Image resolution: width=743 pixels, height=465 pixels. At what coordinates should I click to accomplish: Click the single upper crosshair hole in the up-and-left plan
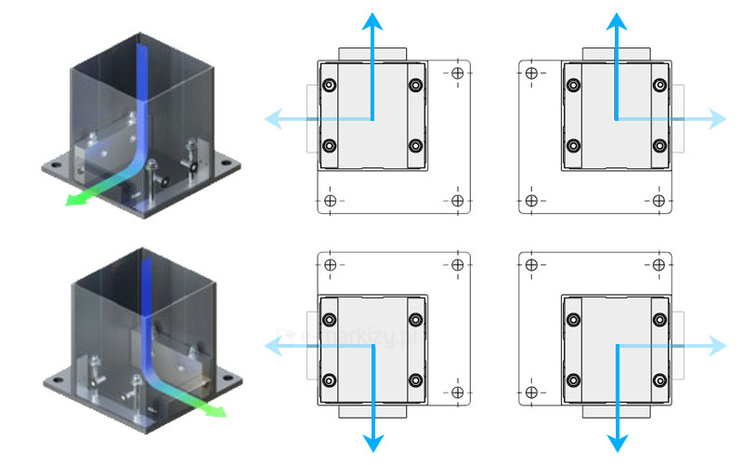[457, 73]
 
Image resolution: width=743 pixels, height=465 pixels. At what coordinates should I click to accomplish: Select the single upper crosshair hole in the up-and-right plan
[531, 73]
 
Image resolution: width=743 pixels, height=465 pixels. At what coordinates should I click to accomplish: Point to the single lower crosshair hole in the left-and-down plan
[457, 392]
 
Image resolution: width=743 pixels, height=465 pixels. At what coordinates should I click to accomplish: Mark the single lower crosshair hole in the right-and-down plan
[531, 392]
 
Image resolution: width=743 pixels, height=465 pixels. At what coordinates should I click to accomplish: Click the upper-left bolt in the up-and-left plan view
[330, 86]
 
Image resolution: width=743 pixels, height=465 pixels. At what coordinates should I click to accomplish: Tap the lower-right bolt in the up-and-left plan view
[415, 146]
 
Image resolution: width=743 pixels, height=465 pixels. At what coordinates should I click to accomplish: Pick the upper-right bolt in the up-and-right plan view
[658, 86]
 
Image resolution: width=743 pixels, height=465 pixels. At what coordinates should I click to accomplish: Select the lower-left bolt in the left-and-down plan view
[330, 379]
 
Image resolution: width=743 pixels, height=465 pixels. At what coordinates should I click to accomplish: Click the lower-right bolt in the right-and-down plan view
[658, 379]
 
